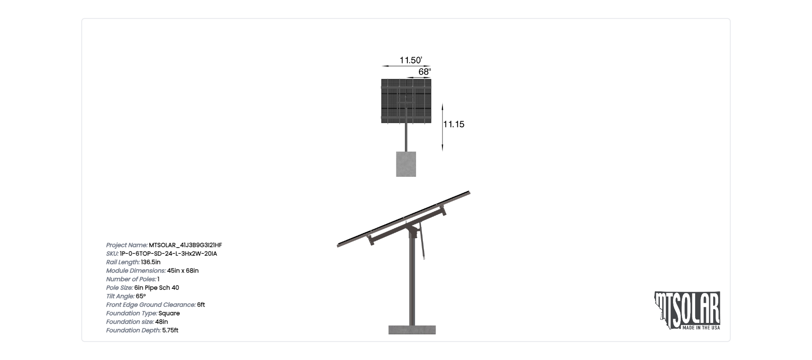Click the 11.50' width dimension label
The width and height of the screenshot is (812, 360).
pos(410,60)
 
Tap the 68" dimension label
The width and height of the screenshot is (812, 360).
pos(425,72)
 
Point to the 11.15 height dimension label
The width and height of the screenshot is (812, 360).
pos(454,124)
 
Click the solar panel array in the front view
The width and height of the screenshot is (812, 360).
pos(406,101)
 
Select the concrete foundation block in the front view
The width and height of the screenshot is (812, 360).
pos(406,164)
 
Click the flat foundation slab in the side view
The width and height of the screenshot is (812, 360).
pos(412,330)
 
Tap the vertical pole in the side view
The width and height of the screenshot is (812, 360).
pos(412,281)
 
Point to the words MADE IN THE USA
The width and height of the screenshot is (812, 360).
pos(701,328)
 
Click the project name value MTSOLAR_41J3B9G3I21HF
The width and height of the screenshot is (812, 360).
pos(185,245)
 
